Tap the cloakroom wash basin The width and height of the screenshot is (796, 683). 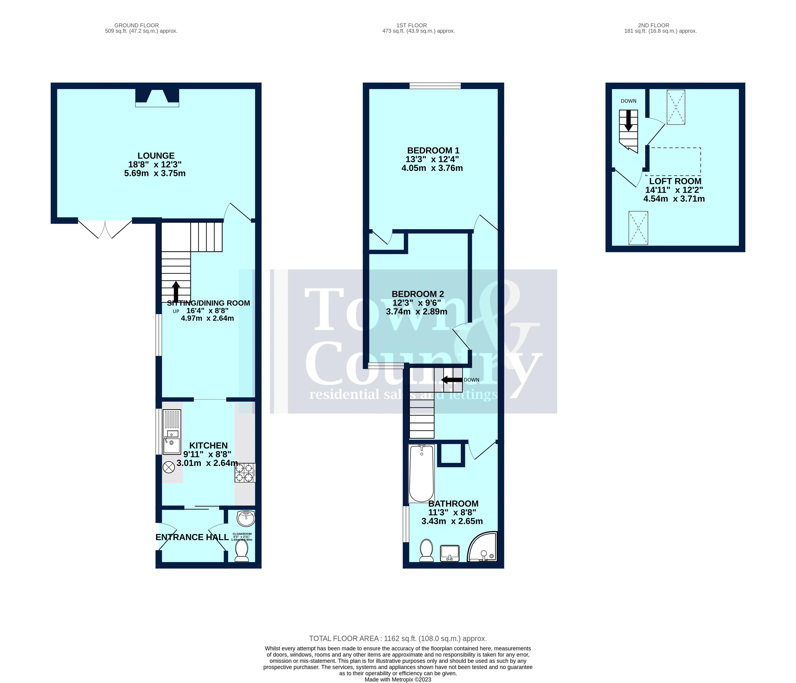click(246, 519)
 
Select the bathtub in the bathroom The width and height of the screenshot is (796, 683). click(421, 474)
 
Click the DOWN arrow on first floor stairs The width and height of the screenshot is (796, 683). click(452, 380)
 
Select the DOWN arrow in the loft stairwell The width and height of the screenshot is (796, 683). click(628, 121)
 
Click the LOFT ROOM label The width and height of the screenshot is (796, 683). click(675, 181)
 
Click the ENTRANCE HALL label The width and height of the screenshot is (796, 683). click(192, 537)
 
